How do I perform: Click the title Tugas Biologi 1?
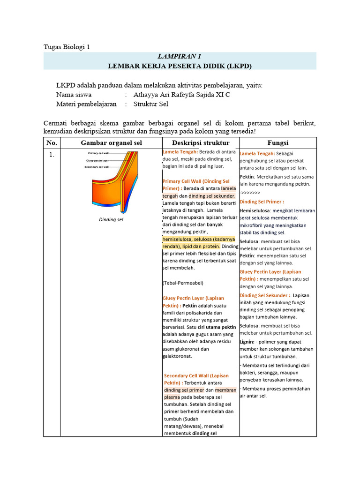66,47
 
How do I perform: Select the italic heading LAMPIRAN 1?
180,56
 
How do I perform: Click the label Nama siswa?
77,95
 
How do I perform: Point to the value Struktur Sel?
151,104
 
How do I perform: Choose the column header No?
52,143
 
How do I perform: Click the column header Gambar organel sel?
112,143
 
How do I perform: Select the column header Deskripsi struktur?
200,143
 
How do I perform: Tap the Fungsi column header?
277,143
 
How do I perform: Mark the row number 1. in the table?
52,155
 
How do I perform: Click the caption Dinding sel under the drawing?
111,219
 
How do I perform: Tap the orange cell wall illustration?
120,187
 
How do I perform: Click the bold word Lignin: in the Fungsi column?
247,342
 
